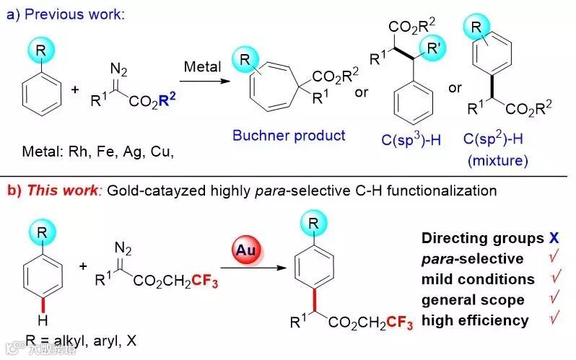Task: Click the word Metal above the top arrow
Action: tap(202, 66)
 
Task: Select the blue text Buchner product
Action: tap(289, 135)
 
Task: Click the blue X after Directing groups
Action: tap(553, 238)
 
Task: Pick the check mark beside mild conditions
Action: tap(556, 278)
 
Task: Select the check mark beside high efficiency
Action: tap(556, 319)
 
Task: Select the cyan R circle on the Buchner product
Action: tap(248, 72)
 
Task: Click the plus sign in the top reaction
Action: tap(75, 90)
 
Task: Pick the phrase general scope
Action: tap(474, 299)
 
